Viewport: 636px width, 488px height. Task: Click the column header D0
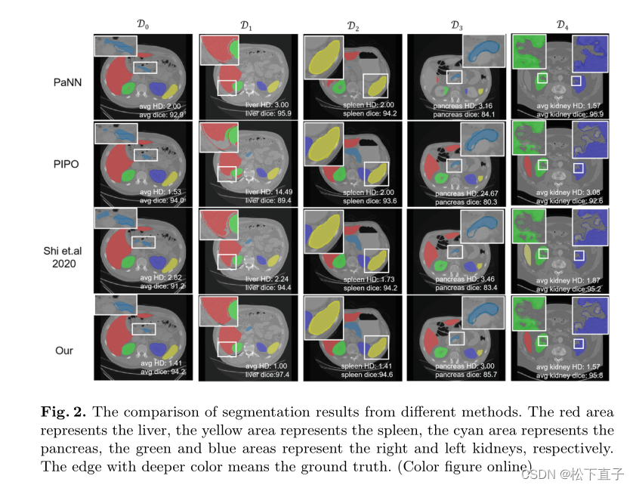pos(143,24)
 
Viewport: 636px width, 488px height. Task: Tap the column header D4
pos(562,24)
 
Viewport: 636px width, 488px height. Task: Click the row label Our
pos(63,350)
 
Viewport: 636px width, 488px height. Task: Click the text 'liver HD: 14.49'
pos(269,192)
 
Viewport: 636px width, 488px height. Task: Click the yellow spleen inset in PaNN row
pos(323,57)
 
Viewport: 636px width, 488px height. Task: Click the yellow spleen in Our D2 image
pos(375,349)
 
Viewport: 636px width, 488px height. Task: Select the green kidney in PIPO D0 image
pos(128,176)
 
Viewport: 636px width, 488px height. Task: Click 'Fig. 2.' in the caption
pos(62,412)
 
